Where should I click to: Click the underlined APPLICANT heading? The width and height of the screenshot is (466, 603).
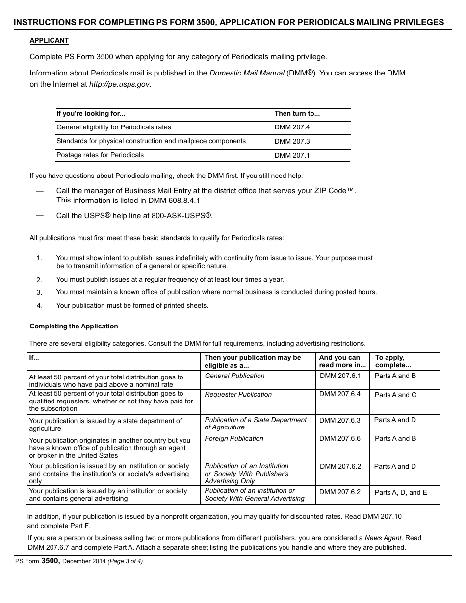tap(49, 41)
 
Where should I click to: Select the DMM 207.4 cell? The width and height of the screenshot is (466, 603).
tap(292, 127)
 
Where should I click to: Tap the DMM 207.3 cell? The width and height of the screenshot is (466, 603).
tap(292, 142)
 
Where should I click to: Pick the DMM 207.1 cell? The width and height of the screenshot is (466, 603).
tap(292, 156)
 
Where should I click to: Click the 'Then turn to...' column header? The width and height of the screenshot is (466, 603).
tap(297, 114)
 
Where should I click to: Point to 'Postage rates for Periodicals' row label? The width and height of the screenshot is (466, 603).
tap(100, 155)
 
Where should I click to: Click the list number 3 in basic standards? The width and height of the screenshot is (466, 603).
tap(39, 292)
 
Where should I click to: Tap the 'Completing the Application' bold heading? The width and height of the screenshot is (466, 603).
tap(74, 327)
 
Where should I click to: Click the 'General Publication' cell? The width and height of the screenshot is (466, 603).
tap(234, 376)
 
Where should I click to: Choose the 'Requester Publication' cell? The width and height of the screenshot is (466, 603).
tap(238, 395)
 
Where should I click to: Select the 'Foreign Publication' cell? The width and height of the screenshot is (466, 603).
tap(234, 439)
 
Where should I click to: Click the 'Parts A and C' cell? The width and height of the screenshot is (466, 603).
tap(395, 395)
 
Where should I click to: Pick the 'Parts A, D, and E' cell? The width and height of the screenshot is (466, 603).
tap(401, 493)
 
